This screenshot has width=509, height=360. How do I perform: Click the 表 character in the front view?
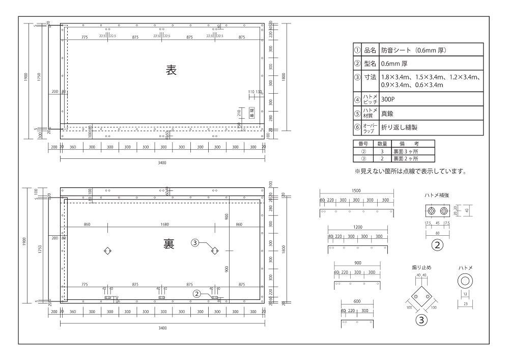pos(171,71)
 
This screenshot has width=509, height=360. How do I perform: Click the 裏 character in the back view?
pos(168,244)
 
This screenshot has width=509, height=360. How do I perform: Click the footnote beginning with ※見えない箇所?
pos(410,171)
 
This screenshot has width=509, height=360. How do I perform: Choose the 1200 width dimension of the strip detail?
pos(357,227)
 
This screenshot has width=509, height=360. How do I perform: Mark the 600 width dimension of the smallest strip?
pos(357,301)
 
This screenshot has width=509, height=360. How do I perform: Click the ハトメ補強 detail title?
pos(437,195)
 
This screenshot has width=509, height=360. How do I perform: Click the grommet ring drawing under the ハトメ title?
pos(465,280)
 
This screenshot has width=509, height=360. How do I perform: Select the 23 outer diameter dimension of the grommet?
pos(465,303)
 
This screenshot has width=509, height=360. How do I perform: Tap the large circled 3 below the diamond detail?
pos(421,320)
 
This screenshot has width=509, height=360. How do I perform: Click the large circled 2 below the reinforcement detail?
pos(437,244)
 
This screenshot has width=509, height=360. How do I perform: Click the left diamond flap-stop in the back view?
pos(107,251)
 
